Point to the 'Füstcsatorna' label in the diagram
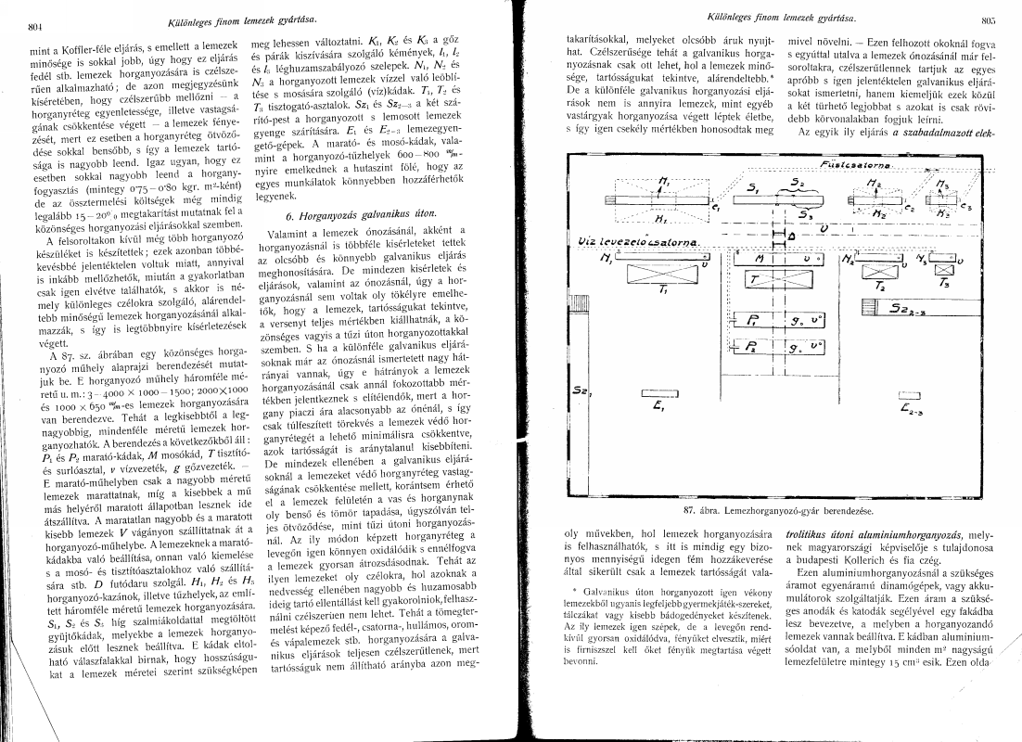(x=852, y=165)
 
